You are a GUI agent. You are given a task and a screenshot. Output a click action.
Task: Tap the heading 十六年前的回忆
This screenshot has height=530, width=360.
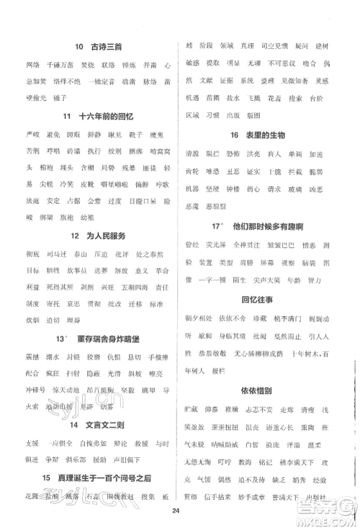point(97,116)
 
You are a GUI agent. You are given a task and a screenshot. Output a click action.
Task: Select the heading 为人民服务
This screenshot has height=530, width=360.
point(98,235)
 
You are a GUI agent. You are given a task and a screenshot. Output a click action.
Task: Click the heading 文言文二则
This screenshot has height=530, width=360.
point(96,425)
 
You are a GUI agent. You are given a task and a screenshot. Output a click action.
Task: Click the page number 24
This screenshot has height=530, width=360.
point(176,511)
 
